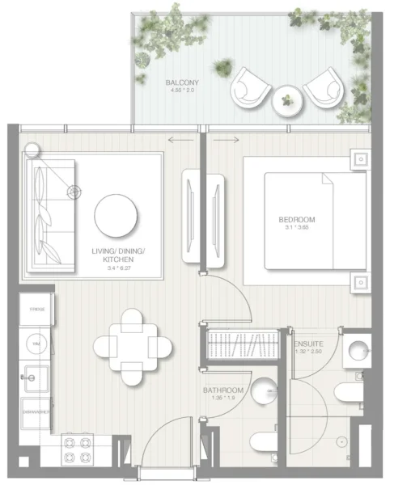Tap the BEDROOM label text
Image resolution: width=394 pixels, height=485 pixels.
click(297, 219)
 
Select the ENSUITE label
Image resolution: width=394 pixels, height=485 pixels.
click(308, 343)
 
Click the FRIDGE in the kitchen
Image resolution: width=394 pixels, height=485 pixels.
click(36, 309)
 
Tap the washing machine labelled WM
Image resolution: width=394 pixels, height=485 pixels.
click(36, 343)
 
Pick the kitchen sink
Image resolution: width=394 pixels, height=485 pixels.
click(36, 376)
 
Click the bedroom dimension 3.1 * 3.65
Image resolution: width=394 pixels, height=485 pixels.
click(297, 228)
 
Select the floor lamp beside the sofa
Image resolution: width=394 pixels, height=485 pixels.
click(33, 149)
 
